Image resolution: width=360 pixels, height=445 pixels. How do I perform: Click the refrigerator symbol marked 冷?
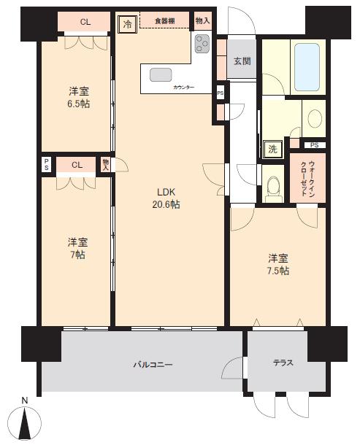click(x=127, y=24)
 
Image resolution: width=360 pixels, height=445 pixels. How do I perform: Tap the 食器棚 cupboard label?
click(x=165, y=21)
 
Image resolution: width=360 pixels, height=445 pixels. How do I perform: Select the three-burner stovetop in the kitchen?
click(x=202, y=44)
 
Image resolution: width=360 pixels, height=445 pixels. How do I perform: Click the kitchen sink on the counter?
click(x=161, y=75)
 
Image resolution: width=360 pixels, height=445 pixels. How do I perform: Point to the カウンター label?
click(x=184, y=87)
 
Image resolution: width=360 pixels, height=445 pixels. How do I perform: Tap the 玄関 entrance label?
click(x=242, y=61)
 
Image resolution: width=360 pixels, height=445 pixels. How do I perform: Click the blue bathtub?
click(x=307, y=67)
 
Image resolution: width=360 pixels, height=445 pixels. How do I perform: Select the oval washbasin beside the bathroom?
click(x=315, y=118)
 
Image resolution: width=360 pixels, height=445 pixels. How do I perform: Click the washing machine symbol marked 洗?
click(x=273, y=149)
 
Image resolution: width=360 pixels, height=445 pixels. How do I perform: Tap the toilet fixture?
click(x=274, y=189)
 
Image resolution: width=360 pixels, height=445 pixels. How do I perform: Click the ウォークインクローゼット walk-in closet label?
click(x=307, y=178)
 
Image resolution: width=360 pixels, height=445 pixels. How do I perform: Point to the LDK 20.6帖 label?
click(x=166, y=198)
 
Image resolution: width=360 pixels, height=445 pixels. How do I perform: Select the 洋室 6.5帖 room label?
click(x=79, y=97)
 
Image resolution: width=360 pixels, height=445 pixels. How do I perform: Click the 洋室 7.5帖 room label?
click(x=278, y=265)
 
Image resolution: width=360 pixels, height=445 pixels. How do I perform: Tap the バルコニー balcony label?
click(x=153, y=365)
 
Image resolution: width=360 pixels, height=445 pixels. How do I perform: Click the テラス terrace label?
click(x=283, y=363)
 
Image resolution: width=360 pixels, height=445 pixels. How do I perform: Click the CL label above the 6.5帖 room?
click(x=85, y=22)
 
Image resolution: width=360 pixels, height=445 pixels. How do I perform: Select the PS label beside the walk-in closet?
click(x=314, y=145)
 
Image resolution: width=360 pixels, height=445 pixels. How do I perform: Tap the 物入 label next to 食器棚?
click(x=202, y=20)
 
